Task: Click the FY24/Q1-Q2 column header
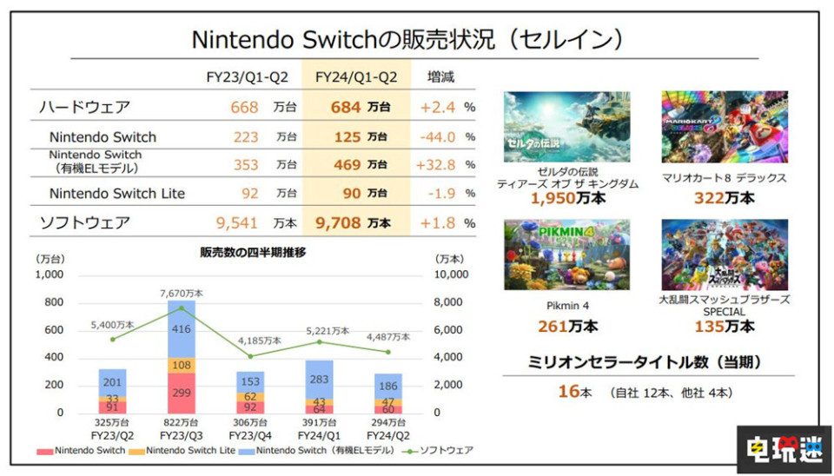[x=358, y=76]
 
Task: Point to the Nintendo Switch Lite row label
[x=117, y=194]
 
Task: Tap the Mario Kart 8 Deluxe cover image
[x=724, y=126]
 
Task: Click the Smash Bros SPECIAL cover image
[x=724, y=254]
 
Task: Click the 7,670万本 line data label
[x=182, y=294]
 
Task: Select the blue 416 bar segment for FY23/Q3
[x=182, y=329]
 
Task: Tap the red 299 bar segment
[x=182, y=393]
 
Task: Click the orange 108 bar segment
[x=182, y=365]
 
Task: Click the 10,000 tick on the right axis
[x=450, y=274]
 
